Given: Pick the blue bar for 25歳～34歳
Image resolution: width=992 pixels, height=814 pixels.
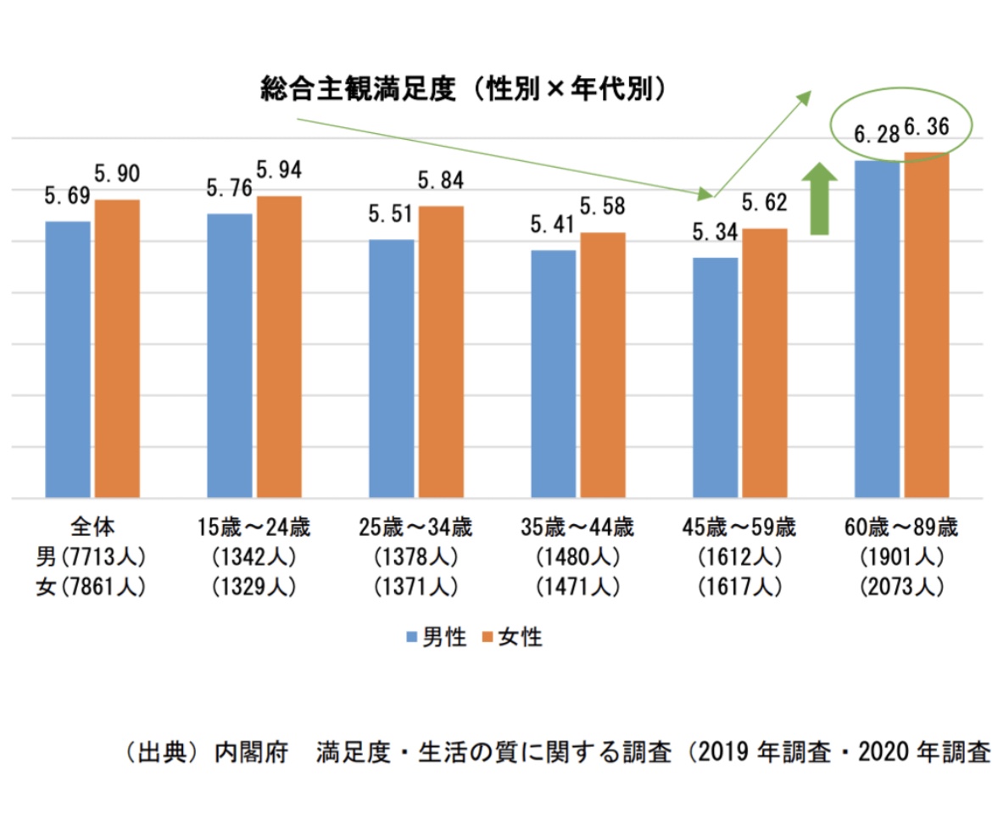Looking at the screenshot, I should coord(392,368).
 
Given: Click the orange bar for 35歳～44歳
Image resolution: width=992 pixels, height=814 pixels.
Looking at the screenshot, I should coord(603,365).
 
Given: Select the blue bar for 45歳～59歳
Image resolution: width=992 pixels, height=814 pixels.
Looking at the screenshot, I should coord(716,376).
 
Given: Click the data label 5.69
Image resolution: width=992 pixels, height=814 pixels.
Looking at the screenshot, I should coord(67,196).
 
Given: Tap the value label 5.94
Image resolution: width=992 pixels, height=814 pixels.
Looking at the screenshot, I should coord(279,170).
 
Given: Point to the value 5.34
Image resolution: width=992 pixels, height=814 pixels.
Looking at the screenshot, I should coord(715,231).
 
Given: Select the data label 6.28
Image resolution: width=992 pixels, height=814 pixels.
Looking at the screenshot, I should coord(876,135).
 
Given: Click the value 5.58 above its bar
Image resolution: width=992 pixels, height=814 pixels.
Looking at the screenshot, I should coord(603,206).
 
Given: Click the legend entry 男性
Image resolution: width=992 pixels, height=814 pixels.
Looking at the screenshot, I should coord(437,638).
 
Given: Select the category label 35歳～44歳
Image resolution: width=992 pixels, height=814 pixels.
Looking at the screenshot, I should coord(577,528).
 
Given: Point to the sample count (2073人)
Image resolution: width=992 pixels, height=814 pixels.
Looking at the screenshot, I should coord(900,588).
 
